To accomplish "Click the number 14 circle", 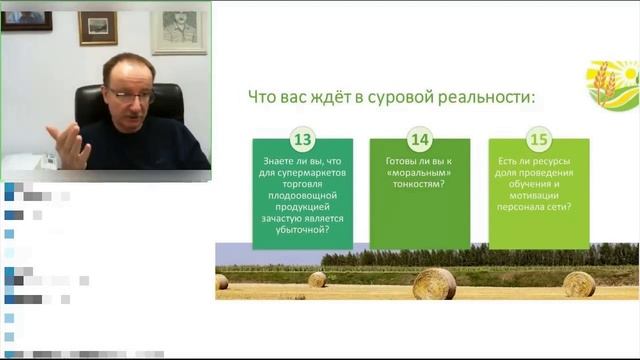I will (x=420, y=139).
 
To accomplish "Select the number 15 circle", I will (x=539, y=139).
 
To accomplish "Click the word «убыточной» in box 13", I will (x=302, y=228).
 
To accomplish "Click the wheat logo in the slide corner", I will (x=611, y=86).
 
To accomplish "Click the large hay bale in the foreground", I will (x=434, y=284).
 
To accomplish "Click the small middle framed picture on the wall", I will (x=98, y=27).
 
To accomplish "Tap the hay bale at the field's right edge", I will (x=579, y=284).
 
